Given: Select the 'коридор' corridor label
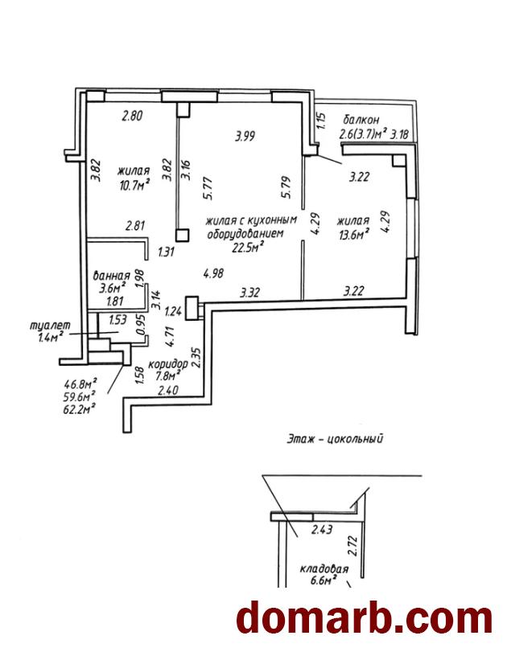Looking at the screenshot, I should point(168,363).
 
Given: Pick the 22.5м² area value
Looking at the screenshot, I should point(250,248).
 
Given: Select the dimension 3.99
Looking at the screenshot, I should point(245,136).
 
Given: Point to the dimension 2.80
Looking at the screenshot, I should point(131,116).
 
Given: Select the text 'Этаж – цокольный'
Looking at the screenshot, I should point(333,439).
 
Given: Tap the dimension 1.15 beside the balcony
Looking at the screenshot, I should point(320,121).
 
